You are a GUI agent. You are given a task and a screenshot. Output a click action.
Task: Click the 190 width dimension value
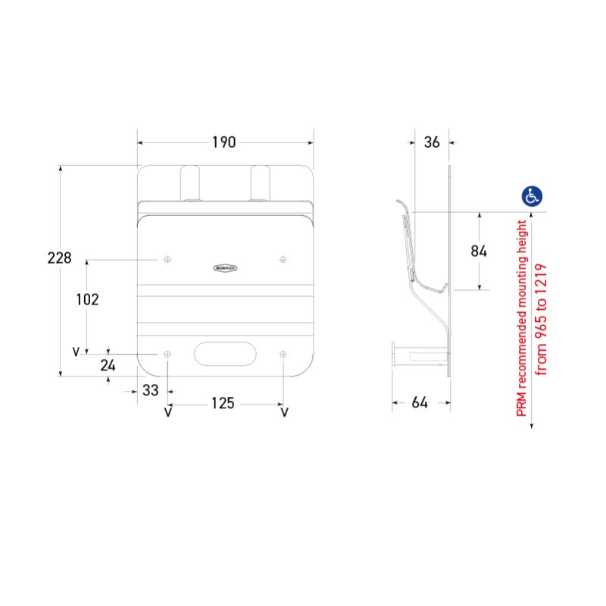223,142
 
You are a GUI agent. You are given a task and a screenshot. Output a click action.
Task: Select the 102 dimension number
88,299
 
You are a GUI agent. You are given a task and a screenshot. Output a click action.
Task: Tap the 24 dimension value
109,365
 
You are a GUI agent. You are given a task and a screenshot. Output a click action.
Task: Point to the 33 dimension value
151,390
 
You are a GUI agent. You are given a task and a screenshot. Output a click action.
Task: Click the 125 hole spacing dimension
222,403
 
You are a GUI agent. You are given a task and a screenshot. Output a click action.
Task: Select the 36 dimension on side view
432,142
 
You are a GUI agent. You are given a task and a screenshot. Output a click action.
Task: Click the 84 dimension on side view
479,251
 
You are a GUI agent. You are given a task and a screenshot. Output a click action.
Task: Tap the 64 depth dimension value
420,403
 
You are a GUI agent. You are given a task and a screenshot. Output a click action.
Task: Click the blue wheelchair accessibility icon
532,196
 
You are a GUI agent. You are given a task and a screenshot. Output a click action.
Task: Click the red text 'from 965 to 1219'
542,319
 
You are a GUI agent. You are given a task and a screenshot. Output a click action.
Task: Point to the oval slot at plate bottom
224,354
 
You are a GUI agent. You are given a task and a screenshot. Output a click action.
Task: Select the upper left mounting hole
167,260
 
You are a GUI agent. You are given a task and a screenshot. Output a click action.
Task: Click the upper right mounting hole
283,260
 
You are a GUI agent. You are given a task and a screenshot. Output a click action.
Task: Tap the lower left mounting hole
167,354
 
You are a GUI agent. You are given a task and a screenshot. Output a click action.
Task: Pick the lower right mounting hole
283,354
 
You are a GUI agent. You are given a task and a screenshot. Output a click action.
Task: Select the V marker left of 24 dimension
76,351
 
